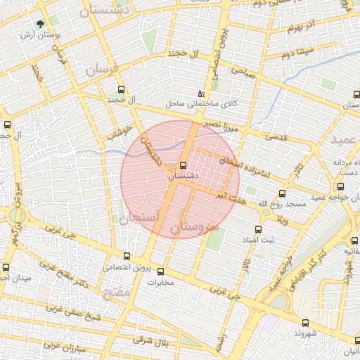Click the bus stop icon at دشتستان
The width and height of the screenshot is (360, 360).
pyautogui.click(x=184, y=165)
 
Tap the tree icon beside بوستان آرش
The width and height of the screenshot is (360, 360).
pyautogui.click(x=49, y=24)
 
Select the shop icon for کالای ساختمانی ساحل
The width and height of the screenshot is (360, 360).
pyautogui.click(x=201, y=93)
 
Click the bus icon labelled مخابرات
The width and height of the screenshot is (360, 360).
pyautogui.click(x=161, y=271)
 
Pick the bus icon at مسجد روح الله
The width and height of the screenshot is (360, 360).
pyautogui.click(x=283, y=193)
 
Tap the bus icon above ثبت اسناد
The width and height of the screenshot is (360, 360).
pyautogui.click(x=258, y=229)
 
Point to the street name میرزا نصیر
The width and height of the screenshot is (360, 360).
pyautogui.click(x=222, y=126)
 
